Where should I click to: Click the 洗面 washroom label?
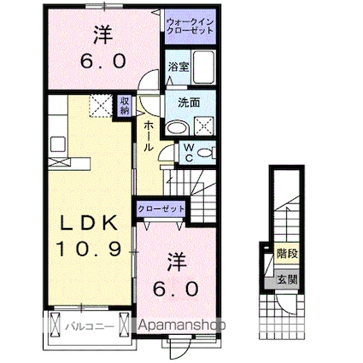(x=189, y=102)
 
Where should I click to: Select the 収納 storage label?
(x=126, y=106)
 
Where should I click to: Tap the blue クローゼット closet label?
(x=160, y=208)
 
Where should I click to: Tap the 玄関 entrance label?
(x=288, y=279)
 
